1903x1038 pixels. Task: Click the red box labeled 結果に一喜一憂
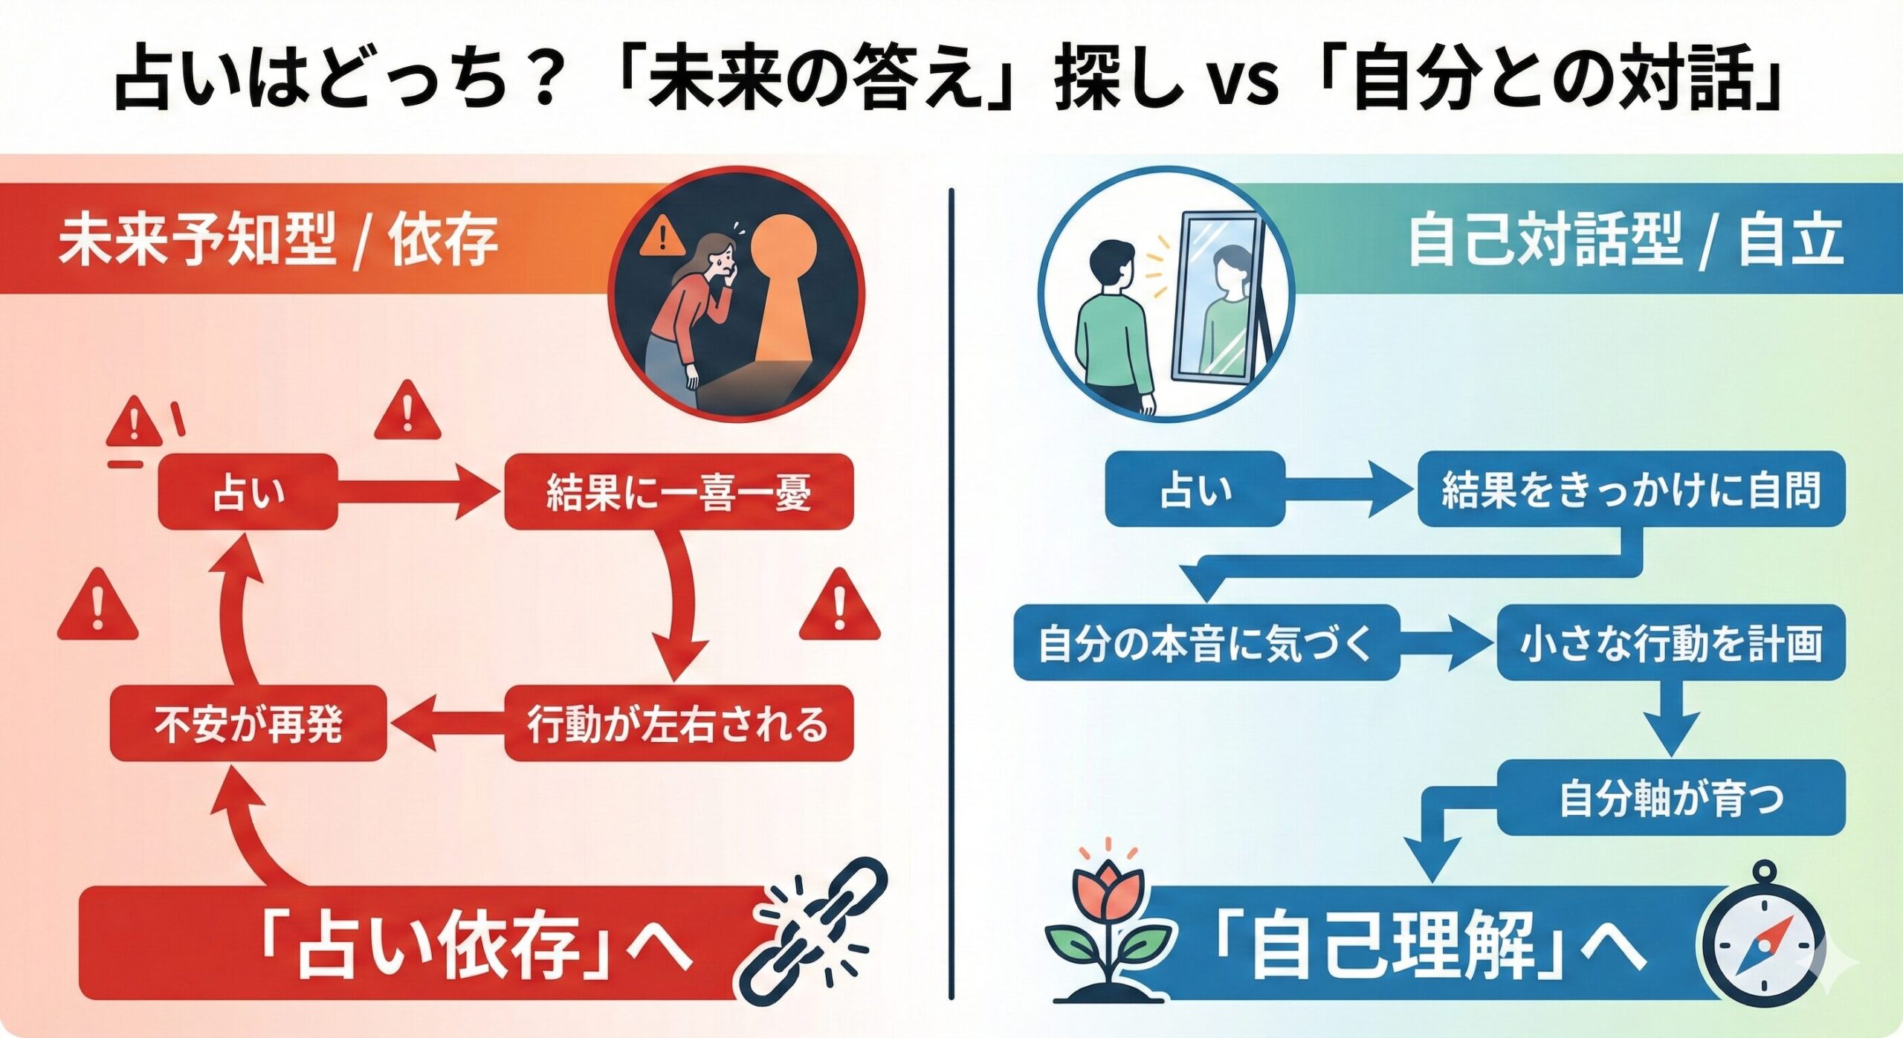click(x=678, y=491)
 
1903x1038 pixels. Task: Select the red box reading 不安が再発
click(x=248, y=723)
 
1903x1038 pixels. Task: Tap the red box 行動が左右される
click(x=678, y=723)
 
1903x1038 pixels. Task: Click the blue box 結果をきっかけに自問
click(x=1631, y=489)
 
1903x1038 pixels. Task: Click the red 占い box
click(x=248, y=491)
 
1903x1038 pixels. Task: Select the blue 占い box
click(x=1195, y=489)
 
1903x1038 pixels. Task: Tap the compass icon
click(x=1763, y=941)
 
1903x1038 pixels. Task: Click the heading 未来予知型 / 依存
click(x=277, y=239)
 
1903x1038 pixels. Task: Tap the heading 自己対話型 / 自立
click(x=1625, y=239)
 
